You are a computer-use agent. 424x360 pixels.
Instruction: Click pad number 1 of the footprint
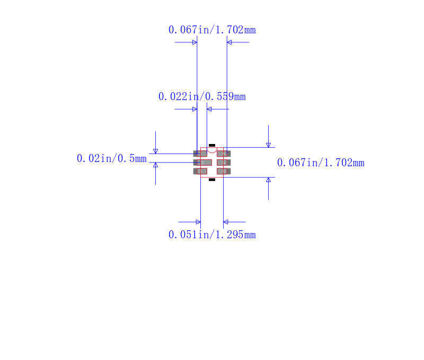click(200, 154)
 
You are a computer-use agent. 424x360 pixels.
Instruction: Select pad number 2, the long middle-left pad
click(202, 163)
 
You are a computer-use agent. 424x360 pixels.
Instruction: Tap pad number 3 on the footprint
click(200, 171)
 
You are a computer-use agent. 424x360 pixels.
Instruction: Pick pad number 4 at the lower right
click(224, 171)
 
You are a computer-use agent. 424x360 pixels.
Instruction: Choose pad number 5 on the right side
click(224, 163)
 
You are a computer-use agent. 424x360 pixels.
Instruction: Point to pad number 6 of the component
click(224, 154)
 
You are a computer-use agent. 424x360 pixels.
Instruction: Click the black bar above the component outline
click(212, 145)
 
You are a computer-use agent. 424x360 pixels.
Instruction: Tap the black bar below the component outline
click(212, 179)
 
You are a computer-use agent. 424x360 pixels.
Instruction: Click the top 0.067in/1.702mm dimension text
click(212, 30)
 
